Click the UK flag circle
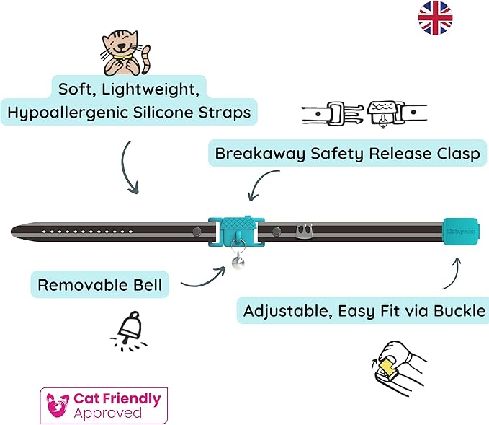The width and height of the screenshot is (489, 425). pyautogui.click(x=435, y=17)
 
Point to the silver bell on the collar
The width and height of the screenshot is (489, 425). pyautogui.click(x=235, y=263)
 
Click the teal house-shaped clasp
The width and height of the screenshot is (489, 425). pyautogui.click(x=234, y=229)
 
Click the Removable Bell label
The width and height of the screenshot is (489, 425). pyautogui.click(x=99, y=284)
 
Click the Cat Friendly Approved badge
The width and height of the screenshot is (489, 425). pyautogui.click(x=104, y=405)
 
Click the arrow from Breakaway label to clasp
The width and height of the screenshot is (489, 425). pyautogui.click(x=260, y=185)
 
